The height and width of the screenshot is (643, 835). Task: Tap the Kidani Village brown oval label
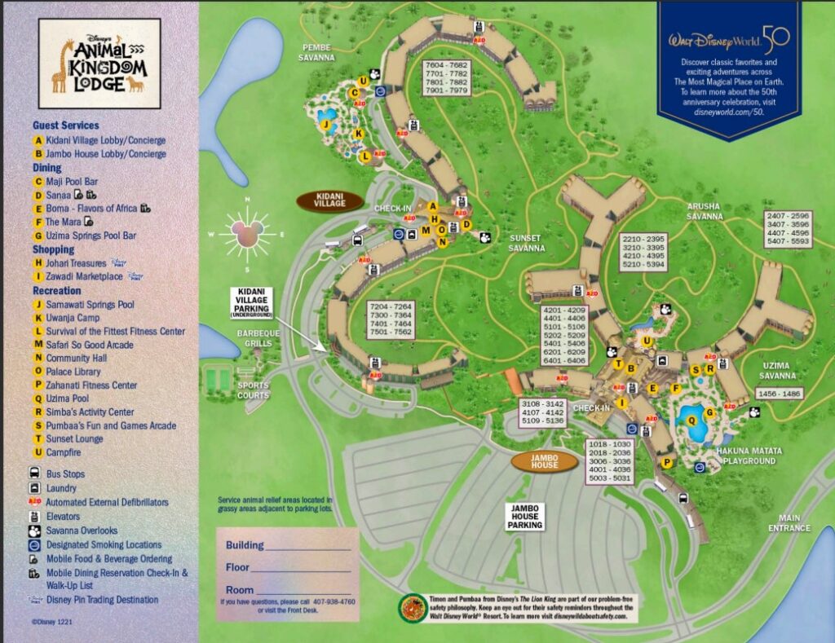[330, 200]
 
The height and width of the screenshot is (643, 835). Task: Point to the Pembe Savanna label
[316, 52]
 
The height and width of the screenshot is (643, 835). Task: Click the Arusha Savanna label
[704, 212]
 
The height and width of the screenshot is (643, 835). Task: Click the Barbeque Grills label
[258, 338]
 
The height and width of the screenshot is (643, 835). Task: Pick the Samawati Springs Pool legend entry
[90, 305]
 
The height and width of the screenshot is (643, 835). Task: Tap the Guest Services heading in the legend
[65, 126]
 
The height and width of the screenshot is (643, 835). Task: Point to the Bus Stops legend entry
[65, 474]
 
